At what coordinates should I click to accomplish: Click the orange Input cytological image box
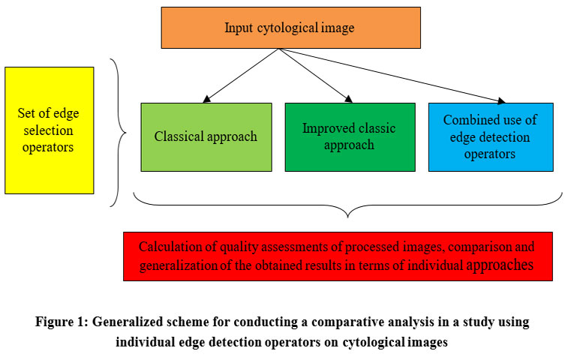291,28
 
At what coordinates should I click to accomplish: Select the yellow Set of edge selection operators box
50,130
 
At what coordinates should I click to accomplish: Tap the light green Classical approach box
206,137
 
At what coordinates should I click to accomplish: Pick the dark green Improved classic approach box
350,137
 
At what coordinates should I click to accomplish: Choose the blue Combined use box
491,137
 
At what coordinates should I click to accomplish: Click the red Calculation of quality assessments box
338,256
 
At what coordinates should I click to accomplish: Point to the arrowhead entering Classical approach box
206,99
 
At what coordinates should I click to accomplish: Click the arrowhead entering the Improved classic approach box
349,99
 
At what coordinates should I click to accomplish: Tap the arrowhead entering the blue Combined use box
502,100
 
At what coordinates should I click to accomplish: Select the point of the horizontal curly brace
348,217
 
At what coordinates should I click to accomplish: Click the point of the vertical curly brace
126,133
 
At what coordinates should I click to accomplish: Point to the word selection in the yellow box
48,130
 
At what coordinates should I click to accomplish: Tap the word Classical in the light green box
178,136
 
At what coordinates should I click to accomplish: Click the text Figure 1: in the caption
62,322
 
